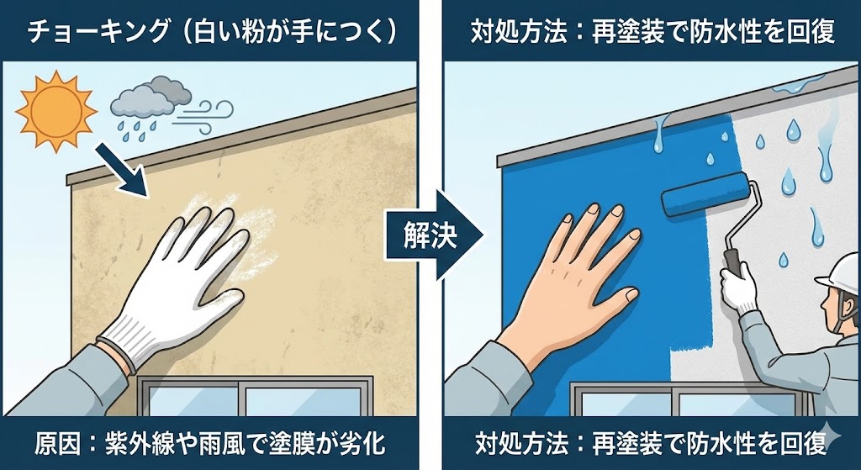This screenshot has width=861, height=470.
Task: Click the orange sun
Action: (x=56, y=112)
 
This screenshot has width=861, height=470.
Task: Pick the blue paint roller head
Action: (x=705, y=194)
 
